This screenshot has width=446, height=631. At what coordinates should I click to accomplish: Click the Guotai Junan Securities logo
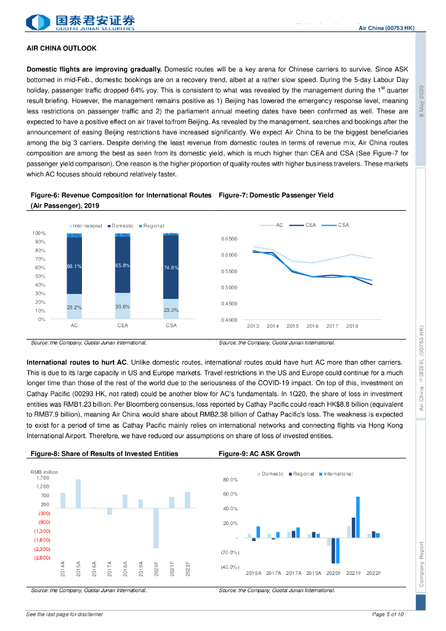point(80,23)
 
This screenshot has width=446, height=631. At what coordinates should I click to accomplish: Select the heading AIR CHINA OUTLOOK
point(62,48)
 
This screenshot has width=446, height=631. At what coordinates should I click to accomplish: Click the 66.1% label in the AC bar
point(75,266)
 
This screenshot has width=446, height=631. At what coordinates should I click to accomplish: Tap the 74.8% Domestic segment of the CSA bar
point(171,267)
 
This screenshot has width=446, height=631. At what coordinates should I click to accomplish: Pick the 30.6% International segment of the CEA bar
point(123,306)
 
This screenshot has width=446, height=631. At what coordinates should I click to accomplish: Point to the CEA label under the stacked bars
point(123,325)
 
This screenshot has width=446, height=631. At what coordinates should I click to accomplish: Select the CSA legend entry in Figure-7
point(339,226)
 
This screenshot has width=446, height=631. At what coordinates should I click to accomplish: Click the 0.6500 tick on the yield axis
point(229,239)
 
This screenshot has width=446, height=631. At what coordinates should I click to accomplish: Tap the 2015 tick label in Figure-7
point(293,326)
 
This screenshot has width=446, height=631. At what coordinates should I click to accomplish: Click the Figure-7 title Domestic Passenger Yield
point(276,195)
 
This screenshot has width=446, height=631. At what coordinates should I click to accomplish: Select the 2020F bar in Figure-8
point(156,528)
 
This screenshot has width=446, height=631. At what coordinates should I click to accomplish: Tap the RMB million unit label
point(44,472)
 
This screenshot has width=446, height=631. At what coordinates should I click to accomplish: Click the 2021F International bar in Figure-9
point(358,517)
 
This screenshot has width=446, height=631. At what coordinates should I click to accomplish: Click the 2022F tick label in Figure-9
point(373,573)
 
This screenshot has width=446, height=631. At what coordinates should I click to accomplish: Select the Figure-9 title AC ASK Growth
point(259,454)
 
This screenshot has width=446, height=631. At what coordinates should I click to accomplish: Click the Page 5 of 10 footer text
point(388,614)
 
